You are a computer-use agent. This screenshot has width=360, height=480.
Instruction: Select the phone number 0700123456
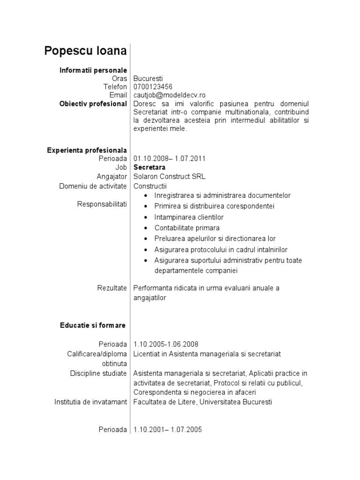pos(153,87)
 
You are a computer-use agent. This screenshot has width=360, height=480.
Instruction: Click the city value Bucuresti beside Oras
pos(148,78)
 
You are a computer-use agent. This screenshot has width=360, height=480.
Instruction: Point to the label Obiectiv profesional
pos(93,104)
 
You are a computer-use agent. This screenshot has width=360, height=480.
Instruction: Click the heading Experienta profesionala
pos(87,150)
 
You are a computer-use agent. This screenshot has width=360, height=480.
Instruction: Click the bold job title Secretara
pos(150,167)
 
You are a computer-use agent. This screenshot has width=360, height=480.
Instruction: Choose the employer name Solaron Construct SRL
pos(169,177)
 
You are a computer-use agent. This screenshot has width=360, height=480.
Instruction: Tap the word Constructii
pos(150,186)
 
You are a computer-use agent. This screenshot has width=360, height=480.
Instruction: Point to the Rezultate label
pos(112,288)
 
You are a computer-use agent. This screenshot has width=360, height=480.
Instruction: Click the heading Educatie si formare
pos(92,325)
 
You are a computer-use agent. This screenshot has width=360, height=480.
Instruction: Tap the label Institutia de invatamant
pos(90,402)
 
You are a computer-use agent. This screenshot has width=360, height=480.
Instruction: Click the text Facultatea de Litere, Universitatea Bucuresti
pos(202,402)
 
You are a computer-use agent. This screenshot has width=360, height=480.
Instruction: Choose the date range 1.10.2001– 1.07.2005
pos(168,429)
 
